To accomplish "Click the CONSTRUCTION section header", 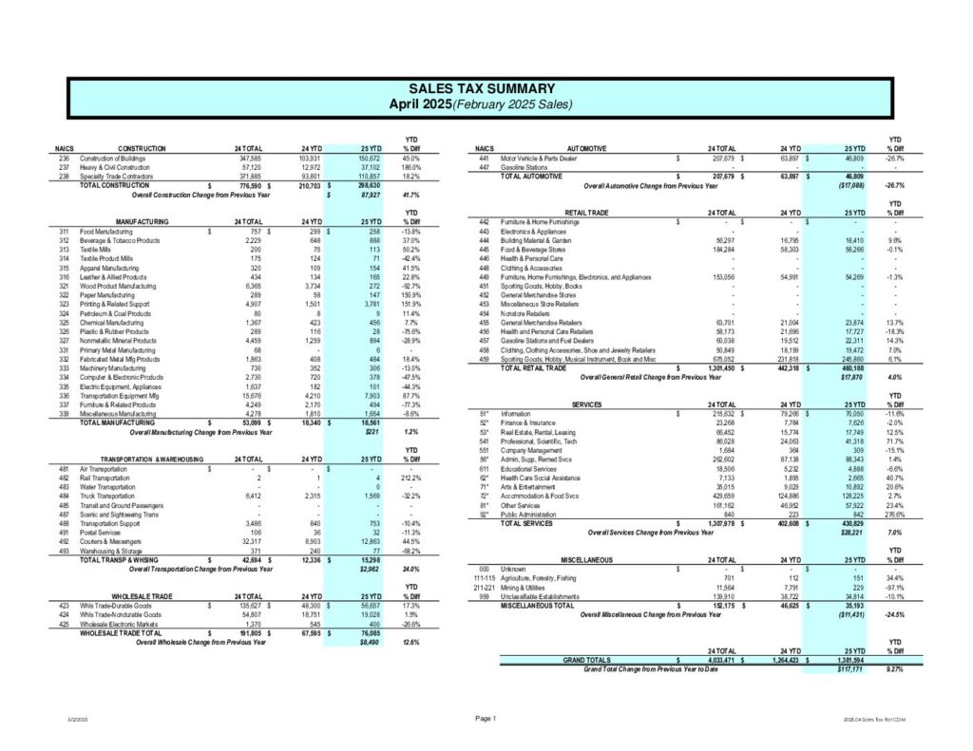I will (x=142, y=149).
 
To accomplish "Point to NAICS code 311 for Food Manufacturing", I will (x=64, y=231).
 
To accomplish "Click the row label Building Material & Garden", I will (x=541, y=239).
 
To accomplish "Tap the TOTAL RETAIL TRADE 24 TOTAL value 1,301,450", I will (x=719, y=366).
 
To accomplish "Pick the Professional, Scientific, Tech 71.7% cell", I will (x=893, y=441).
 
